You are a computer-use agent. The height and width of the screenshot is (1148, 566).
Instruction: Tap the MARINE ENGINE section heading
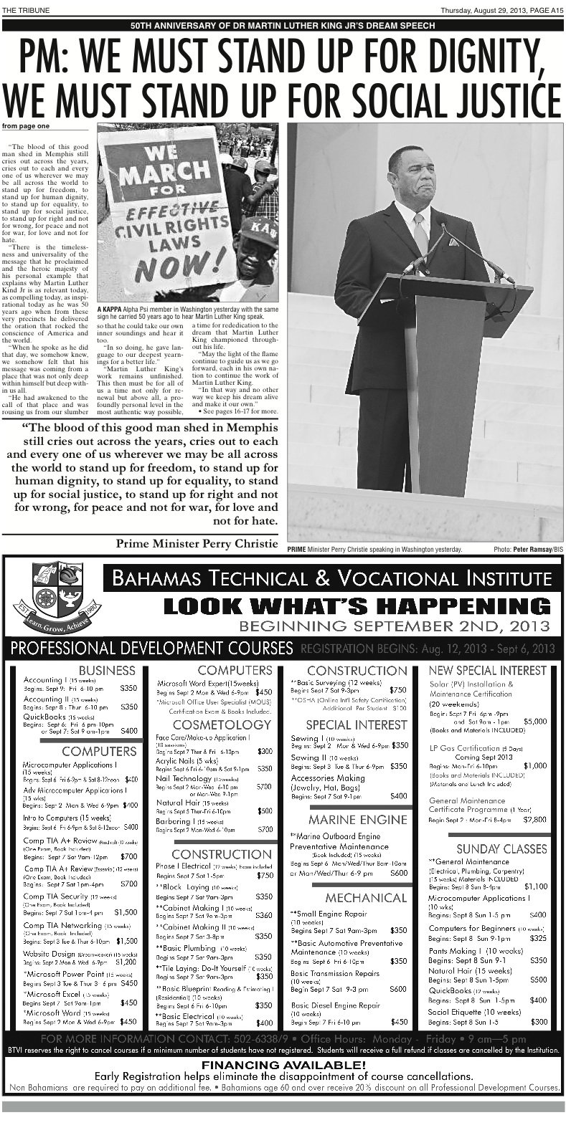coord(358,819)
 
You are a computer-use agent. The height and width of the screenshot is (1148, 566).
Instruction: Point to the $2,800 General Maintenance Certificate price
coord(534,818)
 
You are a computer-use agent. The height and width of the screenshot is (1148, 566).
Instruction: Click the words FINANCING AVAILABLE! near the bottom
coord(283,1065)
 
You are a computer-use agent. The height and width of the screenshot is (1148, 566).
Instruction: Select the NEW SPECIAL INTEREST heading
coord(488,670)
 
